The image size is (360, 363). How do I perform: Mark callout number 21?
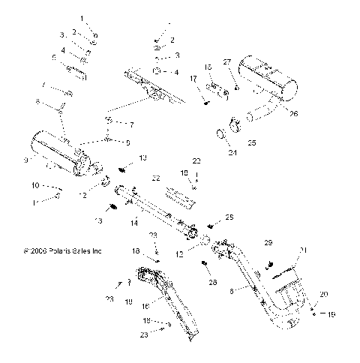click(x=303, y=271)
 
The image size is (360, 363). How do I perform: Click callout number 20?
click(x=323, y=294)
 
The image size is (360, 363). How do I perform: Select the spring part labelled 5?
click(x=76, y=71)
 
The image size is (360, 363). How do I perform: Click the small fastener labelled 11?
click(x=58, y=198)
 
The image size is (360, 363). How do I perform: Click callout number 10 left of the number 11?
click(x=34, y=185)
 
